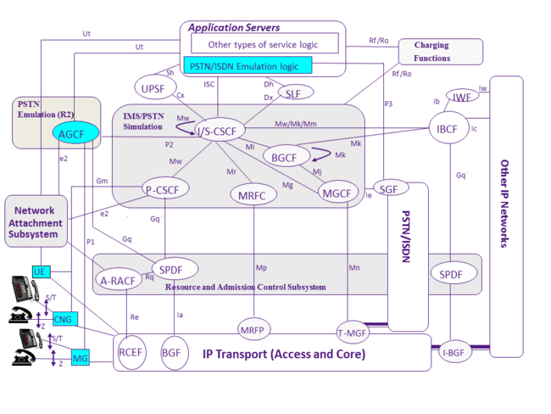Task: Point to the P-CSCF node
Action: (x=166, y=190)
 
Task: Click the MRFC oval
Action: (x=253, y=194)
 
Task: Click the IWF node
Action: (x=462, y=98)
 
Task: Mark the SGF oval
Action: (x=389, y=189)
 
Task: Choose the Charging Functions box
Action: (x=440, y=52)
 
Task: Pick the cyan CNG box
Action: (x=63, y=319)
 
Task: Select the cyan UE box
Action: (x=39, y=271)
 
